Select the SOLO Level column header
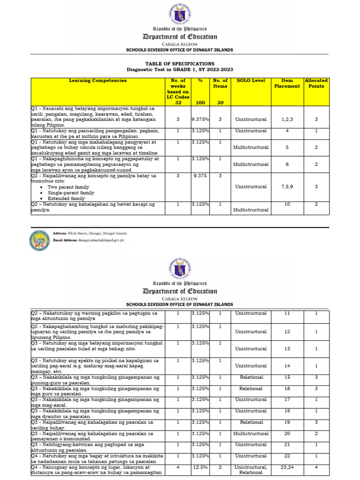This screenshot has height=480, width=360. (x=251, y=81)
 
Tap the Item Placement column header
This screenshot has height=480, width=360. (x=287, y=83)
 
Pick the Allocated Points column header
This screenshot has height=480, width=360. (x=316, y=83)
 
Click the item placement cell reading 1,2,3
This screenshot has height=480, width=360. (x=287, y=120)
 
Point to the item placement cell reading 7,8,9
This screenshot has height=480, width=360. (x=287, y=187)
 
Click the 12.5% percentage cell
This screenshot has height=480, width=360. (x=200, y=467)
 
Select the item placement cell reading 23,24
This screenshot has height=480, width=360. (x=287, y=467)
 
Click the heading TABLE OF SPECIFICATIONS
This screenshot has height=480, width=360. (x=180, y=63)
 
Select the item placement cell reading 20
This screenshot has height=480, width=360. (x=287, y=434)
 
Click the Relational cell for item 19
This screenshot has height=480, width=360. (x=251, y=422)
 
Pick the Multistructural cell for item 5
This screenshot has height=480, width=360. (x=251, y=148)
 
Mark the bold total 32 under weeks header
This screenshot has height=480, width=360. (x=178, y=103)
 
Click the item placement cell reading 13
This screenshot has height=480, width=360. (x=287, y=349)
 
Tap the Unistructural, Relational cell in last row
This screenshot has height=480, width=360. (x=251, y=470)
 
